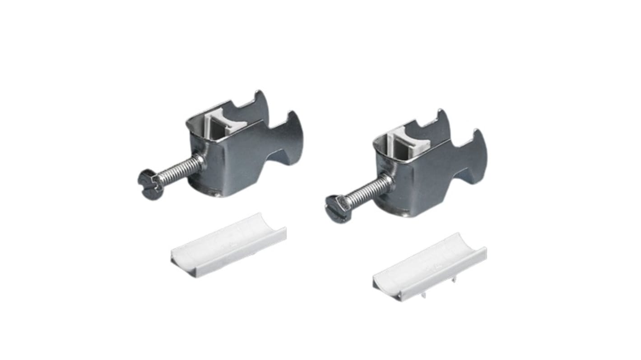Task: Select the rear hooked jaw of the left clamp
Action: point(257,104)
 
